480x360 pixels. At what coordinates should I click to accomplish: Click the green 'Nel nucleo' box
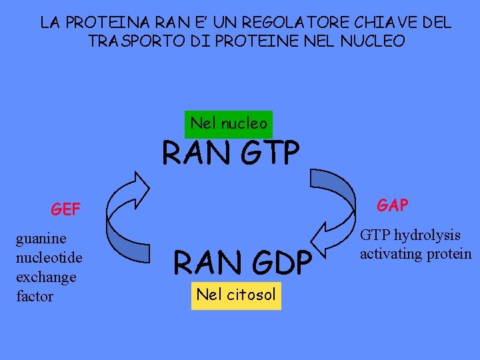click(229, 123)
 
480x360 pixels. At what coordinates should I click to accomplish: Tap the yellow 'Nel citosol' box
click(236, 295)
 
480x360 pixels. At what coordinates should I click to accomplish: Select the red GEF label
click(65, 210)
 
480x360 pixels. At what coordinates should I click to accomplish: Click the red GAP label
click(393, 205)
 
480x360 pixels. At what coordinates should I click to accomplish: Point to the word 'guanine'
click(41, 239)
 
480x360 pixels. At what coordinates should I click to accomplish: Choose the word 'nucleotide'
click(49, 257)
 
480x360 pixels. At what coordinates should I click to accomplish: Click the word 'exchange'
click(46, 277)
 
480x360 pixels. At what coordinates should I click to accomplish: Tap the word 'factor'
click(35, 296)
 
